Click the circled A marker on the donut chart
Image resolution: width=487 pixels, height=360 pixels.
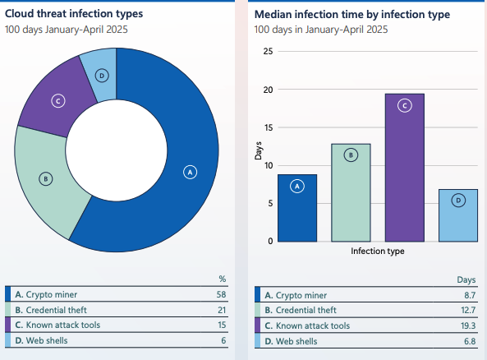click(x=190, y=173)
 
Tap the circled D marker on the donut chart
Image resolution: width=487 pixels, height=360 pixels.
click(x=102, y=76)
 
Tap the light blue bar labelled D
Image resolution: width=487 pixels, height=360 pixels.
click(x=457, y=215)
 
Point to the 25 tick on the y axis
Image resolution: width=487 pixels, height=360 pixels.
click(x=267, y=52)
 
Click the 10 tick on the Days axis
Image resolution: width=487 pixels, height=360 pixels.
click(x=267, y=165)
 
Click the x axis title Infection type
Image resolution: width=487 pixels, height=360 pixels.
click(x=377, y=252)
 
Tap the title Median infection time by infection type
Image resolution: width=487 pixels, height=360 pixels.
click(x=364, y=15)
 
